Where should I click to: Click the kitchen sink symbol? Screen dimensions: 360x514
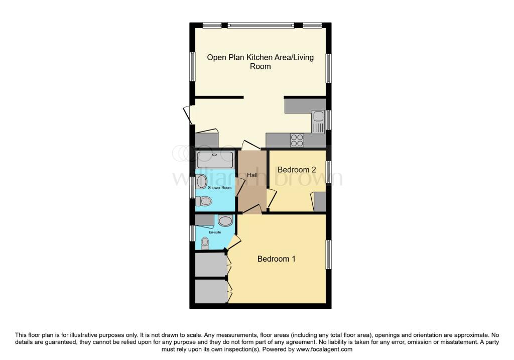[x=318, y=122]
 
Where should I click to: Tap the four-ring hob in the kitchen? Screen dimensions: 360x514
[x=297, y=140]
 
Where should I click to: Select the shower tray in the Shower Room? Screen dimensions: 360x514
[x=215, y=160]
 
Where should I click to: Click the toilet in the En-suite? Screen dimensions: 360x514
[x=204, y=244]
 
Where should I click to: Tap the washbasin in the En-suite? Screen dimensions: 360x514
[x=225, y=220]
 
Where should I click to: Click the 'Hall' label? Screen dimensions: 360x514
[x=252, y=175]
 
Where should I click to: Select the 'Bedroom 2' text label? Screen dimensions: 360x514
[x=296, y=170]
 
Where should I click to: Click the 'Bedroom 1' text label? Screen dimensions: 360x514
[x=276, y=259]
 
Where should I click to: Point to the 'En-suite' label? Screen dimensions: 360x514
[x=215, y=232]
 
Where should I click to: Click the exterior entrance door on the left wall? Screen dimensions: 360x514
[x=188, y=114]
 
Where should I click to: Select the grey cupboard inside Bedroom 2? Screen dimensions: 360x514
[x=319, y=201]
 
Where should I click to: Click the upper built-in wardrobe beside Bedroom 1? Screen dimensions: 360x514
[x=210, y=265]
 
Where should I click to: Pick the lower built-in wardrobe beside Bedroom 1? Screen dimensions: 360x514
[x=210, y=291]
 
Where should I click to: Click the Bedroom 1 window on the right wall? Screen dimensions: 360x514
[x=329, y=255]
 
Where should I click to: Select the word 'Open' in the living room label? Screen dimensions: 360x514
[x=217, y=57]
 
